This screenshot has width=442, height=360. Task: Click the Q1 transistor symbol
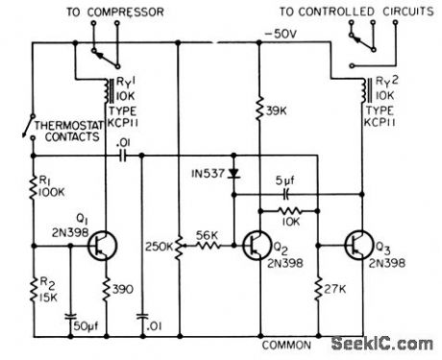tap(100, 246)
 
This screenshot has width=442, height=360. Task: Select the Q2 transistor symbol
tap(256, 246)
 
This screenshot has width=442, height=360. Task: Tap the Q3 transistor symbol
tap(361, 246)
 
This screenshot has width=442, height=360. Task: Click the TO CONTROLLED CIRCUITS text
tap(352, 11)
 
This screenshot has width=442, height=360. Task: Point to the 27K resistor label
tap(335, 287)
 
